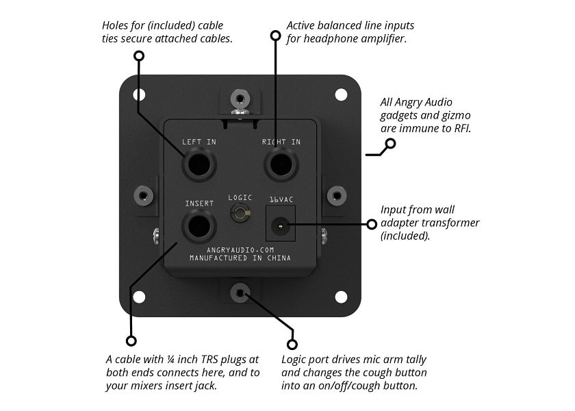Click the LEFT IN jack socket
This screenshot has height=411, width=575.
199,165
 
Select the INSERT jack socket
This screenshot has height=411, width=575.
199,226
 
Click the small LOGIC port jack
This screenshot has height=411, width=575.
240,214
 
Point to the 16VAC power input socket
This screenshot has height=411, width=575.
280,224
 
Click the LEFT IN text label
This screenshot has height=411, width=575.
199,142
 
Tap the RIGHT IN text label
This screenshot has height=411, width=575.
281,142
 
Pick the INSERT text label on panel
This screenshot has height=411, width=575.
199,203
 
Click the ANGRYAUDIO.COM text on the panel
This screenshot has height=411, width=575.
240,251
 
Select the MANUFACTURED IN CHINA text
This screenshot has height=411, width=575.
240,258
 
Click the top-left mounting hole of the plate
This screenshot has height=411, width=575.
140,95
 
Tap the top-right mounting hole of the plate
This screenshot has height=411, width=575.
341,95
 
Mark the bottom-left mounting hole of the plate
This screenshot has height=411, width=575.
140,297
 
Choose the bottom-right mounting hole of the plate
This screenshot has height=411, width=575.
341,297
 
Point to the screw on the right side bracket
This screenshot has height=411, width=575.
336,196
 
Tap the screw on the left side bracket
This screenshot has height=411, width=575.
143,196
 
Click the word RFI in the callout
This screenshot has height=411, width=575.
461,128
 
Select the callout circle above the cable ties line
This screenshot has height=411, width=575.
139,55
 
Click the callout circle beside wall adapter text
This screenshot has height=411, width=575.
372,224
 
